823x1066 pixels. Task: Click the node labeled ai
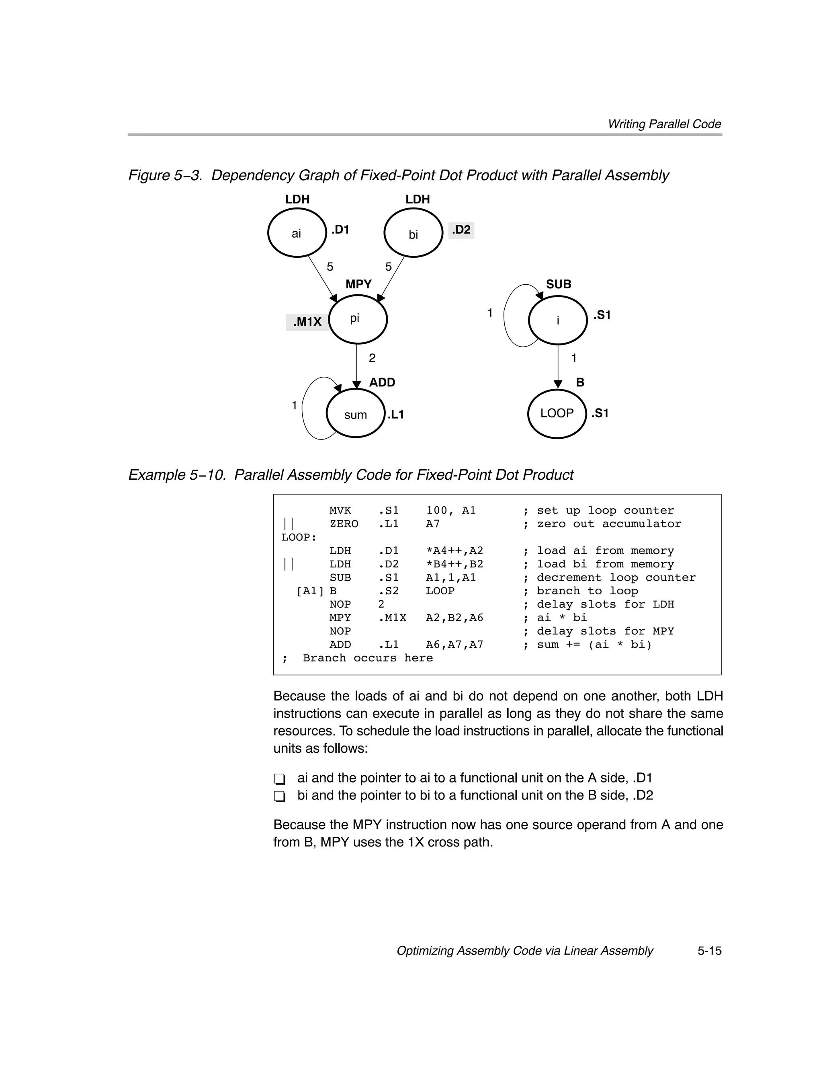(297, 233)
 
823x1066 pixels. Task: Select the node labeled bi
(413, 233)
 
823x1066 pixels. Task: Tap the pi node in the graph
(358, 319)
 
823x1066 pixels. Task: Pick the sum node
(356, 414)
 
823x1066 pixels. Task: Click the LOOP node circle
(557, 413)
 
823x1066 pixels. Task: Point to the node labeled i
(558, 320)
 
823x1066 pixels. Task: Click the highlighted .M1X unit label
(307, 322)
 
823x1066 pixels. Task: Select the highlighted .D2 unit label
(461, 230)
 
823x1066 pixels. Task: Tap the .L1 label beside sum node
(396, 415)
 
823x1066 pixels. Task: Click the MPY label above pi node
(358, 284)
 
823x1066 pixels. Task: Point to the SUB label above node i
(559, 284)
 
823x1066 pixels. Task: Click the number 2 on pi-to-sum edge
(372, 358)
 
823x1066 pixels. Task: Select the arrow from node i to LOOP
(558, 366)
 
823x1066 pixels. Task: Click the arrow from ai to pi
(322, 278)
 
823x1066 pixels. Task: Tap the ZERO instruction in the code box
(344, 524)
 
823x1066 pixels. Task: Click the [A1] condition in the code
(310, 591)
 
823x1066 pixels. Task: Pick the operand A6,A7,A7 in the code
(454, 645)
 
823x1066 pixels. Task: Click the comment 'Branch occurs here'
(367, 658)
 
